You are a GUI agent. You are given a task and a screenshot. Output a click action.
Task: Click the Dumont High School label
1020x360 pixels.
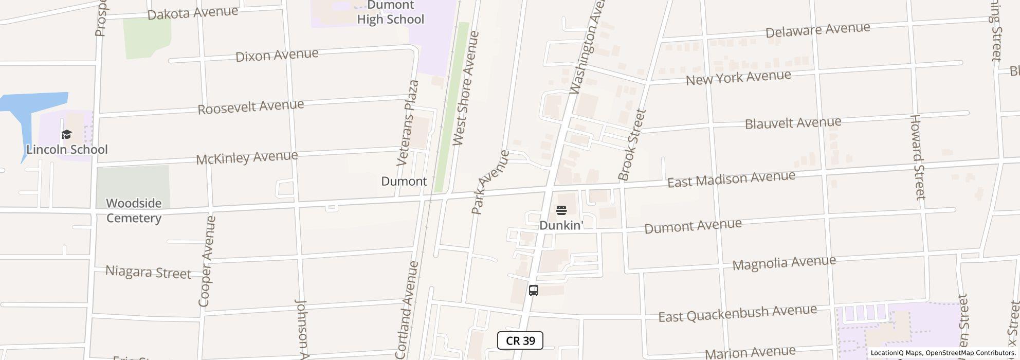click(x=390, y=13)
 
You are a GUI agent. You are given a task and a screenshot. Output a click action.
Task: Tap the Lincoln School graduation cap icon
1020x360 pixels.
click(x=66, y=135)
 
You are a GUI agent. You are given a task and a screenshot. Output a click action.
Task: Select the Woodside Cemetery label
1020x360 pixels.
click(x=134, y=210)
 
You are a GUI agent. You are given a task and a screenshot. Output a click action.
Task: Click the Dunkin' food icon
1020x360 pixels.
click(x=561, y=210)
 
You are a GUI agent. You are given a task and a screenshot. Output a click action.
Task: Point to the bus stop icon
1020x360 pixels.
click(x=534, y=291)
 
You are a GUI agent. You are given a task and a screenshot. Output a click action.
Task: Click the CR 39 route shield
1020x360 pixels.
click(x=520, y=340)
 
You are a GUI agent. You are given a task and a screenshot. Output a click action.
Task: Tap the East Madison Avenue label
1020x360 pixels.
click(x=731, y=179)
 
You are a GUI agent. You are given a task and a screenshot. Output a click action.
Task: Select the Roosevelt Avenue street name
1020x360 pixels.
click(x=251, y=107)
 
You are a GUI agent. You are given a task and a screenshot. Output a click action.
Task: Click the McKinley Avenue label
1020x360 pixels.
click(x=247, y=157)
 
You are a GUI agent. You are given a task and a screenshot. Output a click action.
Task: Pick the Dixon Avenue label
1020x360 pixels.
click(x=277, y=55)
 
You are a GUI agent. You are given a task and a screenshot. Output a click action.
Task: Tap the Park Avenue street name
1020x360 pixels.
click(x=489, y=182)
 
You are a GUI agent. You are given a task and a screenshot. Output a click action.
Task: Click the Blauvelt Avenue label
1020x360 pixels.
click(x=793, y=123)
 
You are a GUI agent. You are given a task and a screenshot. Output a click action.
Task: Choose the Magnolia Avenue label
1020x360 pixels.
click(x=784, y=263)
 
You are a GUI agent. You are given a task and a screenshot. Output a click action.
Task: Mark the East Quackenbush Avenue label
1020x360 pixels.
click(x=737, y=313)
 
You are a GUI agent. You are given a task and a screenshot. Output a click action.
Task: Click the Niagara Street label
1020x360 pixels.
click(x=148, y=272)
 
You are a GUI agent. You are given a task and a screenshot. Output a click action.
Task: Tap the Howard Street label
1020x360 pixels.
click(x=917, y=157)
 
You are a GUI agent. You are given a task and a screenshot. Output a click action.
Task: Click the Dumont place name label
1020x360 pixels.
click(x=404, y=181)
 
